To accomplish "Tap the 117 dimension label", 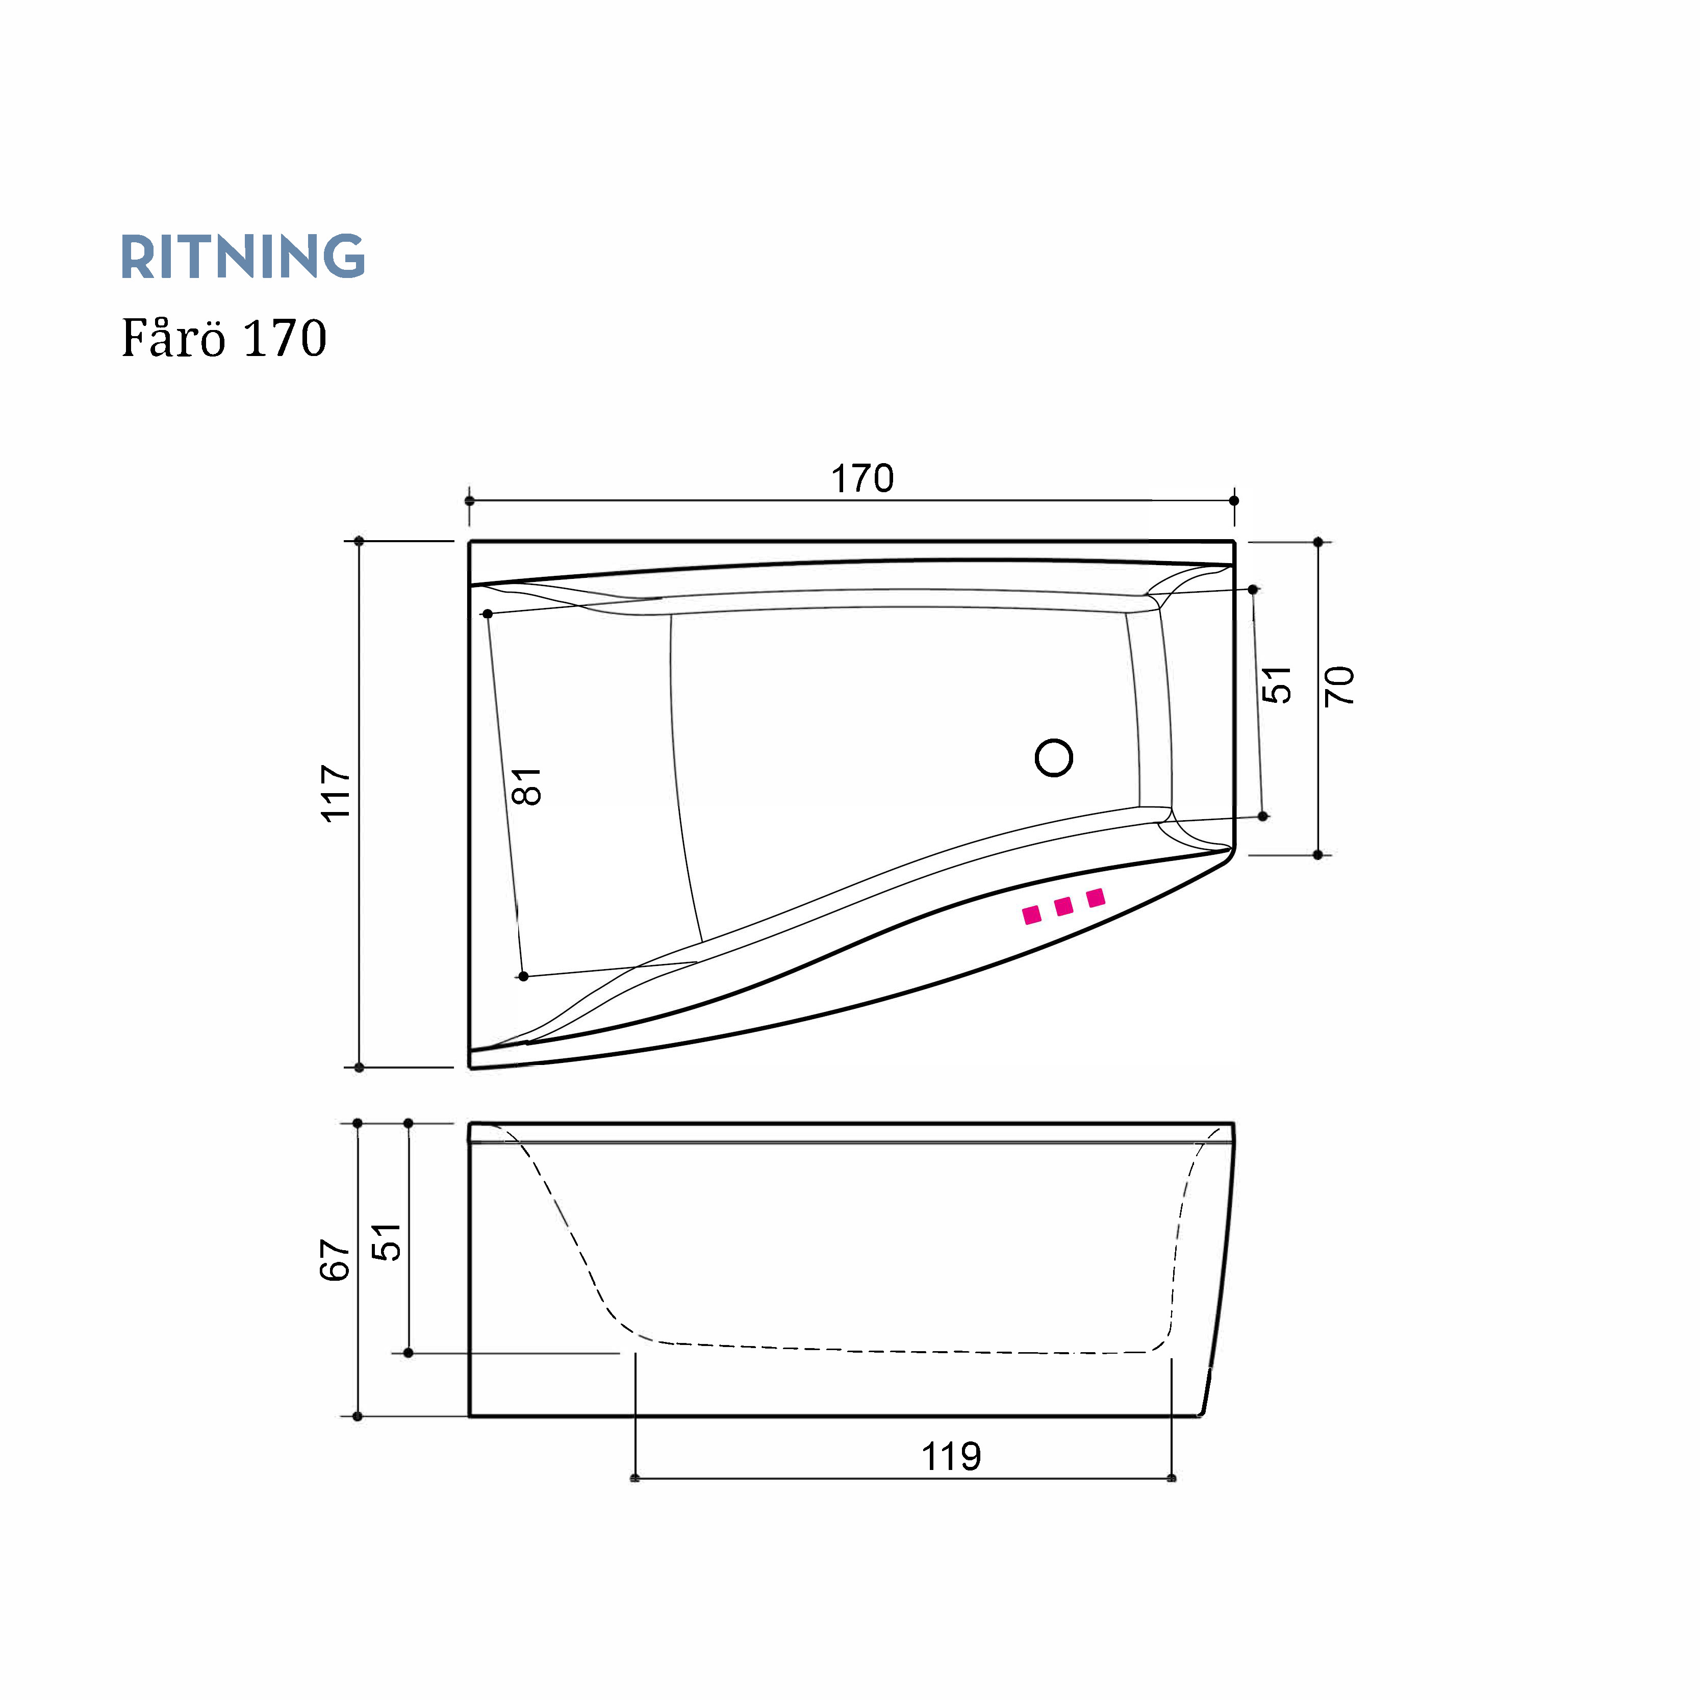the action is [336, 794].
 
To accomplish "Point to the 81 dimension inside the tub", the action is [526, 786].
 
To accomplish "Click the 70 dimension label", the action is [1339, 686].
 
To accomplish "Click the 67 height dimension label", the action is [335, 1260].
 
